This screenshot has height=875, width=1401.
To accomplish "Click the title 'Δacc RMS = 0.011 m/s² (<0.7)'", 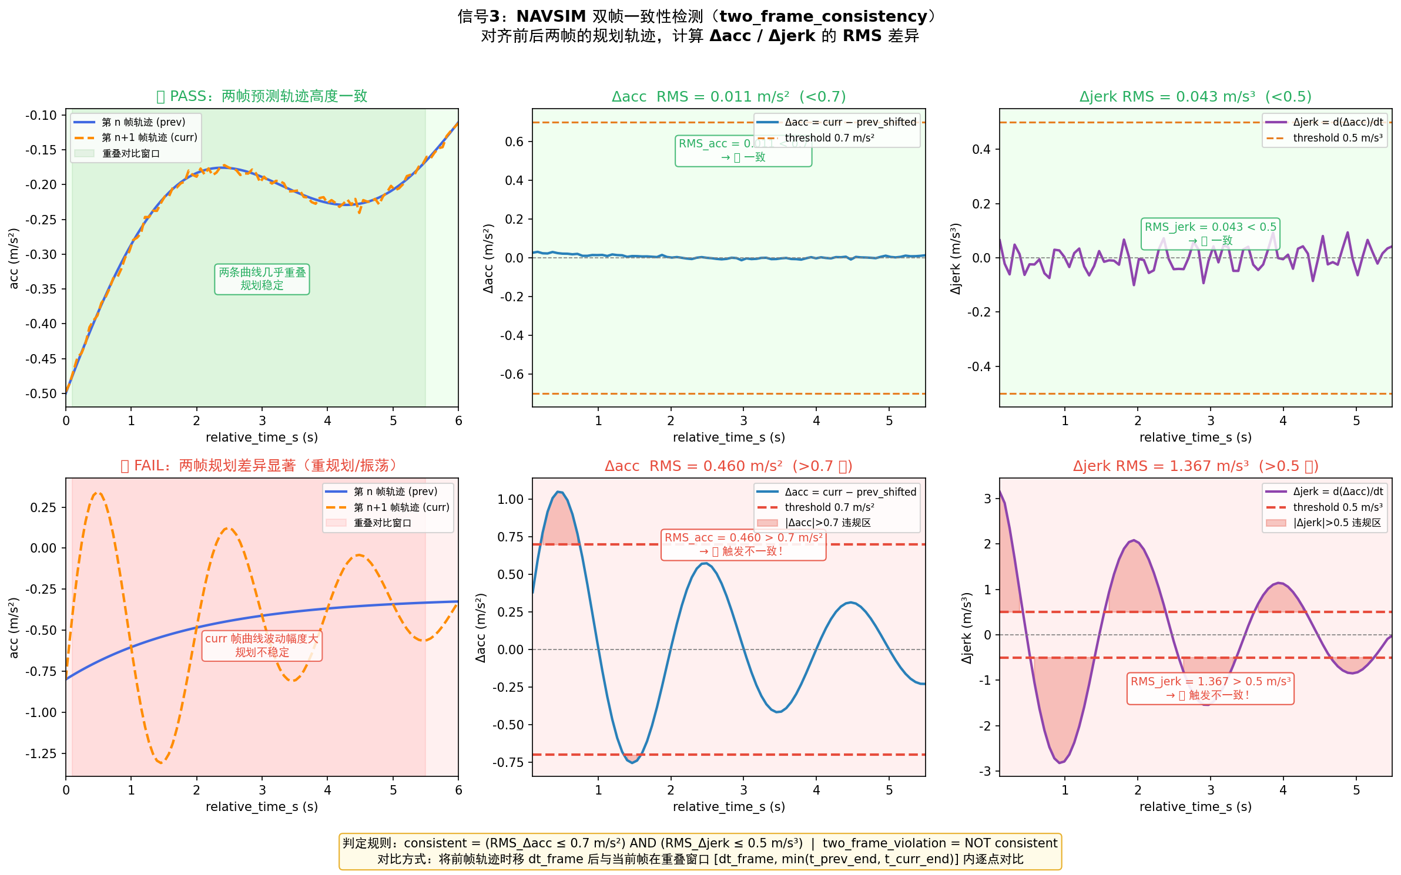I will [729, 96].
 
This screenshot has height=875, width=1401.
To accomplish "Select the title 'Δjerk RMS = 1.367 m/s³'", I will [1195, 466].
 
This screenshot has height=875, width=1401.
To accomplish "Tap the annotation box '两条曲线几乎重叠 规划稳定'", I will [262, 279].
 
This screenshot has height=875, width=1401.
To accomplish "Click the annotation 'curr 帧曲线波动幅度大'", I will [262, 639].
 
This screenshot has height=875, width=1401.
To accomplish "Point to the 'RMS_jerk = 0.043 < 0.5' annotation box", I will [1210, 233].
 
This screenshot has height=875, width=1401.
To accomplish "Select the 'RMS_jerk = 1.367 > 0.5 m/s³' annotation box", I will [1210, 688].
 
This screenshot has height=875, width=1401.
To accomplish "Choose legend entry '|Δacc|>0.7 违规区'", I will [827, 523].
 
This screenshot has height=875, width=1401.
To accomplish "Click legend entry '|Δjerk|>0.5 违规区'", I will [1336, 523].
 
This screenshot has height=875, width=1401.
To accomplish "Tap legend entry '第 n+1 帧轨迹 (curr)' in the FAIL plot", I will [401, 507].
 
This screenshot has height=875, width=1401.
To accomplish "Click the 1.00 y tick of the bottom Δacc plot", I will [510, 499].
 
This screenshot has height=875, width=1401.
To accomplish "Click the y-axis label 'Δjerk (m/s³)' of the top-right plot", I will [956, 258].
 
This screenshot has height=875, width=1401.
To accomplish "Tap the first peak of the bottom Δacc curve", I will [559, 492].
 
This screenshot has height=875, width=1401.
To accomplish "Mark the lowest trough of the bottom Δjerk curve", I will [1060, 762].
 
